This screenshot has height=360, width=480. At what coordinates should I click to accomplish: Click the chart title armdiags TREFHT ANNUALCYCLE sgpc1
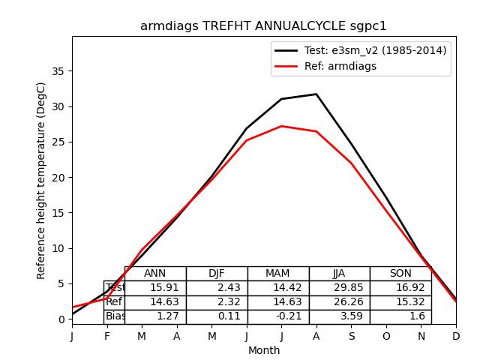(x=263, y=26)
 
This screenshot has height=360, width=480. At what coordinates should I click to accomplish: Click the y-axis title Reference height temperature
(x=42, y=180)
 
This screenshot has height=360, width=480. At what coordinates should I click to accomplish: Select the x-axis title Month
(x=264, y=350)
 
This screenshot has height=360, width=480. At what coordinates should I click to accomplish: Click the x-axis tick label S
(x=351, y=336)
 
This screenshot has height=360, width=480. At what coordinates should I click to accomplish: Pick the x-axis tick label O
(x=386, y=336)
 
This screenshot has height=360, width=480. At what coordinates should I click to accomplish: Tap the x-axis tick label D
(x=456, y=336)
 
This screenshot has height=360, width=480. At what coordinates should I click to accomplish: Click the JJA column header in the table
(x=339, y=274)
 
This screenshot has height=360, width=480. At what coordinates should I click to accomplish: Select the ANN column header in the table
(x=155, y=274)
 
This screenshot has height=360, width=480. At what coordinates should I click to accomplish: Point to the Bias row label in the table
(x=115, y=316)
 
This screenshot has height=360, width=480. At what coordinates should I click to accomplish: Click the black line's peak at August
(x=316, y=94)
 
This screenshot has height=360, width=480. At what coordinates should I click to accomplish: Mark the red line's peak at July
(x=281, y=126)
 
